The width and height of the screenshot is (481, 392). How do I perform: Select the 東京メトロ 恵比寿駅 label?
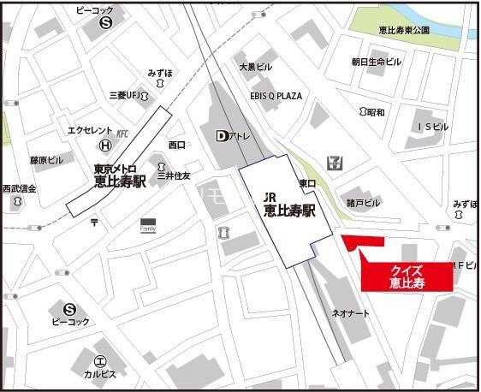pos(119,175)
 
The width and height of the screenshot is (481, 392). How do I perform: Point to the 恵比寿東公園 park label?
pos(404,30)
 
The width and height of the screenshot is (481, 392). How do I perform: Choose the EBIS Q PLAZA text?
pos(276,95)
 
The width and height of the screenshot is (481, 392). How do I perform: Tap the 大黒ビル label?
pos(255,66)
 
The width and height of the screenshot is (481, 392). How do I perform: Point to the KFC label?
pos(122,134)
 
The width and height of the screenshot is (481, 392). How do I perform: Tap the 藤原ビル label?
pos(46,160)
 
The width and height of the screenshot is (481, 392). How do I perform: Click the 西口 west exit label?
pos(177,145)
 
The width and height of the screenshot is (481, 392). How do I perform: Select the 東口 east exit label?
pos(308,182)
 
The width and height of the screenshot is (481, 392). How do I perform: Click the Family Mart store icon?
pos(148,225)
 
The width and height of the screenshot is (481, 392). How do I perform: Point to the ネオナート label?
pos(351,313)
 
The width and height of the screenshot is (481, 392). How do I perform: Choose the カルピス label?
pos(99,374)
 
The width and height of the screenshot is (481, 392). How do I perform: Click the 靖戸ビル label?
pos(363,203)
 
